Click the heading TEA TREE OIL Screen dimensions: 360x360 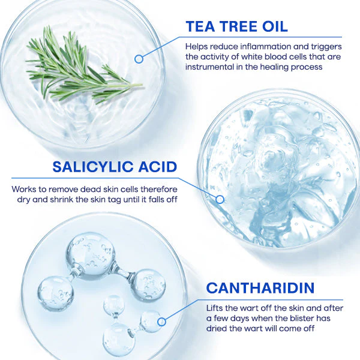click(237, 26)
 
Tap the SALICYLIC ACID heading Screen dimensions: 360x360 click(115, 167)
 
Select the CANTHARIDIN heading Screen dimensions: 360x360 click(260, 288)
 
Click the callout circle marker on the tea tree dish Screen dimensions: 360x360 click(139, 59)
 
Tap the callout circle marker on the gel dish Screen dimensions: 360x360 click(220, 199)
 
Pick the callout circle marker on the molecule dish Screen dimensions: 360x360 click(161, 322)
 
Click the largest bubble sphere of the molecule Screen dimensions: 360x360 click(91, 256)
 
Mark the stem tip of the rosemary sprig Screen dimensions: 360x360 click(142, 85)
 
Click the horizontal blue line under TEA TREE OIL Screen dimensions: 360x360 click(260, 37)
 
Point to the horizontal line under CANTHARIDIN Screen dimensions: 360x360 click(271, 299)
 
